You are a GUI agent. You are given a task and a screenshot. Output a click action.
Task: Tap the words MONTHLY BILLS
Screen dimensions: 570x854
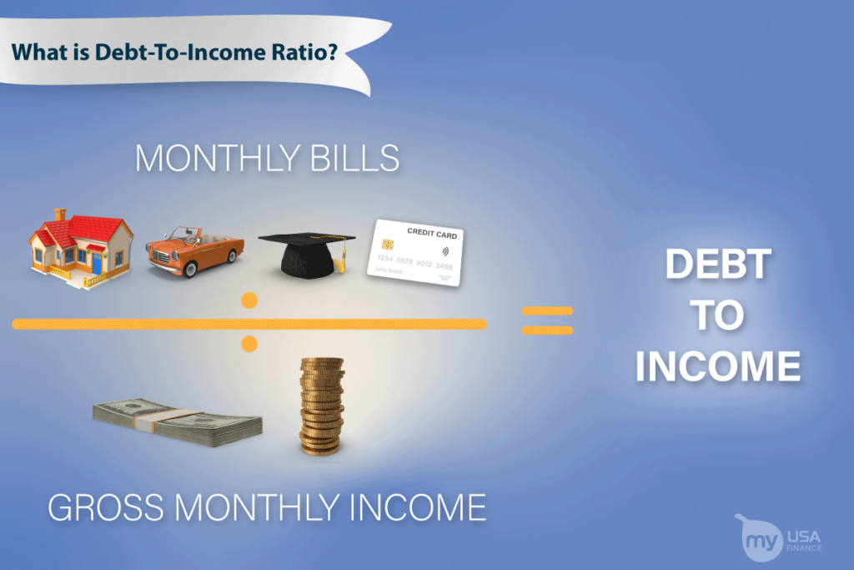pyautogui.click(x=267, y=158)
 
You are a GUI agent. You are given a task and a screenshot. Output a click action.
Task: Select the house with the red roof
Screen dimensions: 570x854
pyautogui.click(x=81, y=247)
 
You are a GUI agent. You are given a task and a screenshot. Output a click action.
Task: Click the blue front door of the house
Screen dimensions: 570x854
pyautogui.click(x=97, y=265)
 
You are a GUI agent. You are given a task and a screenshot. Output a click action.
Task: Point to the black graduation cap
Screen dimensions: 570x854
pyautogui.click(x=307, y=251)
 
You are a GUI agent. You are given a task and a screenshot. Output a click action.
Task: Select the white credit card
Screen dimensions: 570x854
pyautogui.click(x=415, y=253)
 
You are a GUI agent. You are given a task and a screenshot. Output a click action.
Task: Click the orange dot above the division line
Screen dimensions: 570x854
pyautogui.click(x=249, y=300)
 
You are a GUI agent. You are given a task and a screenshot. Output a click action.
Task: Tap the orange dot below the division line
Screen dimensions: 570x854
pyautogui.click(x=249, y=343)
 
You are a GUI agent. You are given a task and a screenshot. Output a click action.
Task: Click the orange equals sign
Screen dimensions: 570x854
pyautogui.click(x=547, y=320)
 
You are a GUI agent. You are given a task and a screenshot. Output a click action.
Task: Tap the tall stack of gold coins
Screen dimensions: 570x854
pyautogui.click(x=322, y=406)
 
